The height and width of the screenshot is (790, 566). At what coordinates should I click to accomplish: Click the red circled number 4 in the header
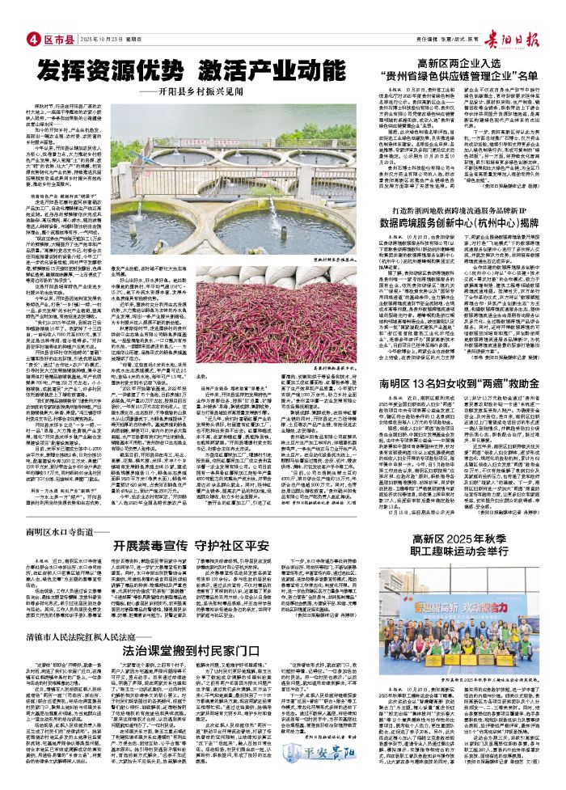33,38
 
